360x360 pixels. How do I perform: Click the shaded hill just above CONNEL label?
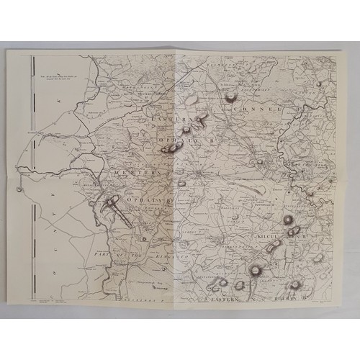coord(232,96)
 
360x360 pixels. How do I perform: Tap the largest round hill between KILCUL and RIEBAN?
coord(255,271)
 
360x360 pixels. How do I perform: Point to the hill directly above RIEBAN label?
coord(294,284)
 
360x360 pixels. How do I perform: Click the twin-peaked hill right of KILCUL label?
coord(293,231)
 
